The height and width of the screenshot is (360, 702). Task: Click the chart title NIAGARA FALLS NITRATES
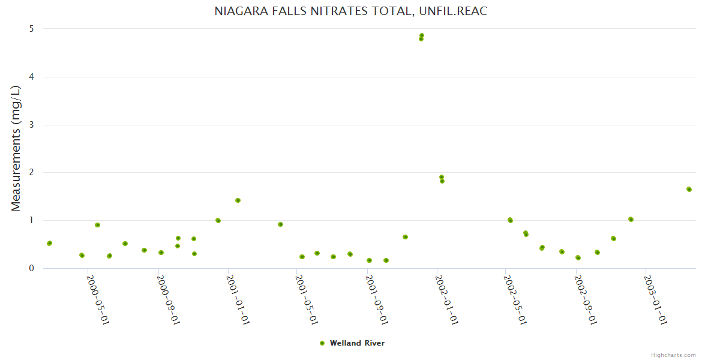coord(351,11)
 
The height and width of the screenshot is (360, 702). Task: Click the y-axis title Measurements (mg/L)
coord(16,148)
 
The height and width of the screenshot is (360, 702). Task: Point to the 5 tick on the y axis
coord(31,29)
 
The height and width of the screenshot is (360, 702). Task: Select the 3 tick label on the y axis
coord(31,125)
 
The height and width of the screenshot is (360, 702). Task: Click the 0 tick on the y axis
coord(31,268)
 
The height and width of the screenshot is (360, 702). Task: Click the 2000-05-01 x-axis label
coord(98,300)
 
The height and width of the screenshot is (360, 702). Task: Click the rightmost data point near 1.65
coord(689,189)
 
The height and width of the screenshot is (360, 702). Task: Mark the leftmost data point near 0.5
coord(49,243)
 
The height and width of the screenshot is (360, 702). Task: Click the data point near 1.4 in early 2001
coord(238,200)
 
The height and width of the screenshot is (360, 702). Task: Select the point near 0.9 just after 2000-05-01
coord(97,225)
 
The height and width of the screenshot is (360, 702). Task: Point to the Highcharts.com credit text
coord(673,355)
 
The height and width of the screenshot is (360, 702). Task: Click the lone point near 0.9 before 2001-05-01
coord(280,224)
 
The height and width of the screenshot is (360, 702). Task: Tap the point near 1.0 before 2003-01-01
coord(631,219)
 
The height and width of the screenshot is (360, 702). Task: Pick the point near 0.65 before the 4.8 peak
coord(405,237)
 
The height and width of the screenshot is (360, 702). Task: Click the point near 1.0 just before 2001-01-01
coord(218,220)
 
